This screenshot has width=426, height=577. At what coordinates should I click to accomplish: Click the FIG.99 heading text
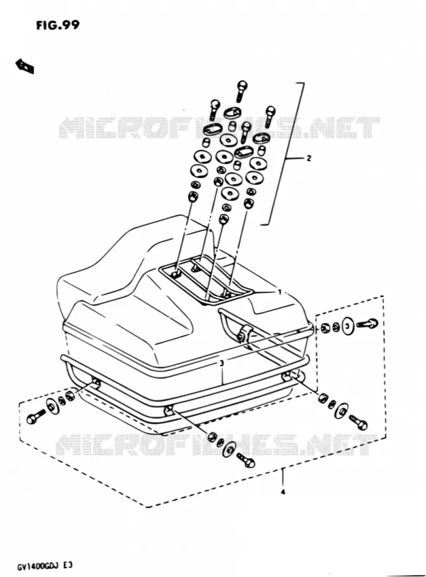click(57, 25)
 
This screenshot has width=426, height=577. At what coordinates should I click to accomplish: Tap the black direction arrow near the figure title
click(25, 66)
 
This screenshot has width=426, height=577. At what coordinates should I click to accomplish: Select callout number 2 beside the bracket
click(309, 158)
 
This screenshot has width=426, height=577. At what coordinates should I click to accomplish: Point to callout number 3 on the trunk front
click(221, 363)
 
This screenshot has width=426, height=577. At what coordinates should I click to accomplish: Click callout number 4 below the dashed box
click(283, 492)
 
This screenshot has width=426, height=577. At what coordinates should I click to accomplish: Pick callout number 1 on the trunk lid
click(280, 292)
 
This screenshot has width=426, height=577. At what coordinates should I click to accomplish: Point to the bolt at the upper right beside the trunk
click(367, 324)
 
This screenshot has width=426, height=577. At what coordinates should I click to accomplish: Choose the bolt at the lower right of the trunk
click(358, 422)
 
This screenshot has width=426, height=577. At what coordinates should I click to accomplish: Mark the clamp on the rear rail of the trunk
click(244, 332)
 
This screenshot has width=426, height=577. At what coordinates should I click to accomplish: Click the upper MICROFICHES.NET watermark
click(219, 128)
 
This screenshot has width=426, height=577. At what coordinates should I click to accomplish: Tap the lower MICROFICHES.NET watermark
click(217, 444)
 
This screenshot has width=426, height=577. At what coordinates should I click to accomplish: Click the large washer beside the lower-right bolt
click(342, 411)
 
